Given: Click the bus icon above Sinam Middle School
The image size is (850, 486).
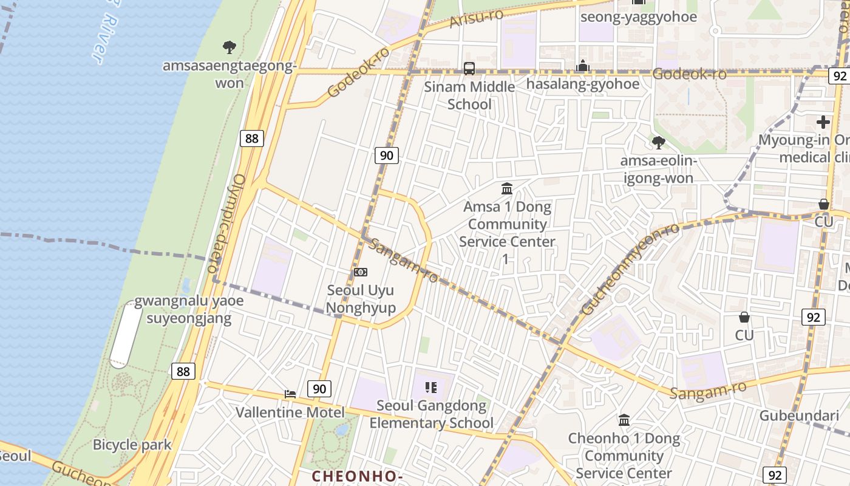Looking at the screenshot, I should click(469, 68).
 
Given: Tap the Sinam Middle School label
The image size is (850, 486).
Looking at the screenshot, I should click(469, 95).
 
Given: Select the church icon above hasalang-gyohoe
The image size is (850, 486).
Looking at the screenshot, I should click(583, 66).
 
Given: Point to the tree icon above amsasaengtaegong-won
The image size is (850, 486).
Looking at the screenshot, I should click(229, 47).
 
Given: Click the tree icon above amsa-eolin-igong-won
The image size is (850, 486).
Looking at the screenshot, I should click(658, 143).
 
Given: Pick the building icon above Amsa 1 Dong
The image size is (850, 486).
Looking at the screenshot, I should click(506, 188).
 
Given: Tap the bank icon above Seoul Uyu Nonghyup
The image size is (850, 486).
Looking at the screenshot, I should click(361, 272).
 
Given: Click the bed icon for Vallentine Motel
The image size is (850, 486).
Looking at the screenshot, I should click(290, 394).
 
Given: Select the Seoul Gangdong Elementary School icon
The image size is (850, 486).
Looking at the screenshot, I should click(431, 387).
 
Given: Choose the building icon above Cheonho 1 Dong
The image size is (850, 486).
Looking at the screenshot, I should click(624, 420).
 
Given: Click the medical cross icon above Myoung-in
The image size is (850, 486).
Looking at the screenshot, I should click(823, 122).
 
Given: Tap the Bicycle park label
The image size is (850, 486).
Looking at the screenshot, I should click(132, 445).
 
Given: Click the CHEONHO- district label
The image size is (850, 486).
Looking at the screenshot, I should click(357, 476).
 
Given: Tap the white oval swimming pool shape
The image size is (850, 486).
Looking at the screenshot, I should click(125, 334).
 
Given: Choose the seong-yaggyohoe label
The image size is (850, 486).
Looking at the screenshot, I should click(638, 16).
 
